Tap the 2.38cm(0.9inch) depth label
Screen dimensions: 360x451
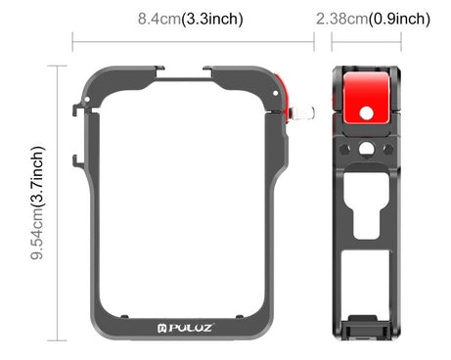tap(373, 19)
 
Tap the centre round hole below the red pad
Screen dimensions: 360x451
tap(365, 149)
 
